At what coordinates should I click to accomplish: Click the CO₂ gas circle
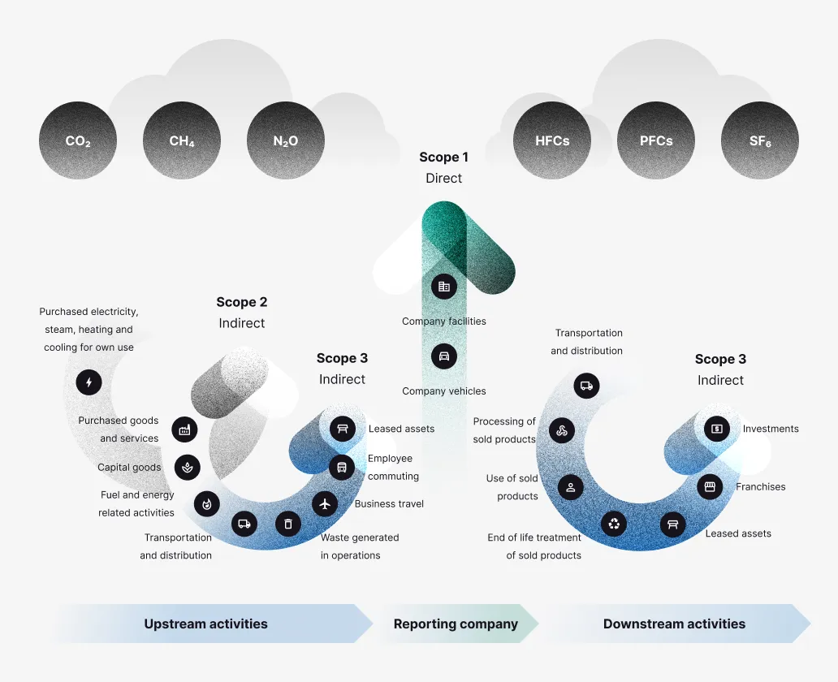point(78,140)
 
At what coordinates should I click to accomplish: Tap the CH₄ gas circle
point(182,140)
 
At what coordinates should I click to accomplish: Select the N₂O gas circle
point(286,140)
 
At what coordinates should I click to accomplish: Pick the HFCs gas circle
point(552,140)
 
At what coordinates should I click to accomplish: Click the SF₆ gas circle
point(760,140)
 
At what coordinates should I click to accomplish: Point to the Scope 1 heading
point(443,158)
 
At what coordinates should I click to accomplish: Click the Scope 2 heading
point(241,302)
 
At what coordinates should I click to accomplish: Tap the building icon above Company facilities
point(443,286)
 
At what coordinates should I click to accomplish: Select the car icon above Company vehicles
point(443,356)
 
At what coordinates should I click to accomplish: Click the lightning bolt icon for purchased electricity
point(89,382)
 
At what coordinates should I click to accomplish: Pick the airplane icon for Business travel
point(325,503)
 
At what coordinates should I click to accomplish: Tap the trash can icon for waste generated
point(287,524)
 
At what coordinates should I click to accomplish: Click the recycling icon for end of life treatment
point(614,524)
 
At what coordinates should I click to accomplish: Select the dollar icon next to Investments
point(716,428)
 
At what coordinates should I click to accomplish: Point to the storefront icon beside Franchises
point(710,486)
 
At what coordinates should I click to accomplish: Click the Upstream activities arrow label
point(205,624)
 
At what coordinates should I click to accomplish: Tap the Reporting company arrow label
point(456,624)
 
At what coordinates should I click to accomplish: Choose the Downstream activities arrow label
point(674,624)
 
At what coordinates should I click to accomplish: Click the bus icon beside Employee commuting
point(342,467)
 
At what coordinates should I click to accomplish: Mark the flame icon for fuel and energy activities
point(206,503)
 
